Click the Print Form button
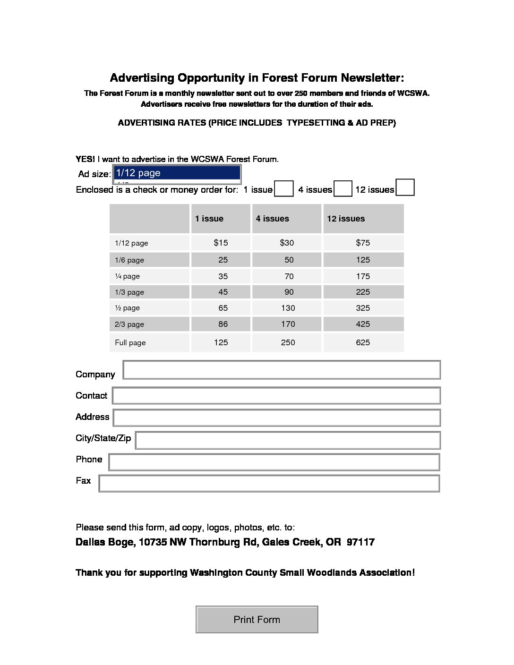pyautogui.click(x=257, y=619)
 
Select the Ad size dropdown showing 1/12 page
pyautogui.click(x=177, y=173)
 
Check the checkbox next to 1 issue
pyautogui.click(x=283, y=189)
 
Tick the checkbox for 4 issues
pyautogui.click(x=343, y=189)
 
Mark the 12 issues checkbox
pyautogui.click(x=405, y=188)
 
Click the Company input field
pyautogui.click(x=282, y=370)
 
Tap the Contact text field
pyautogui.click(x=276, y=396)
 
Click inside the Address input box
pyautogui.click(x=277, y=418)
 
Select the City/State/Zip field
pyautogui.click(x=288, y=440)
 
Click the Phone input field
pyautogui.click(x=274, y=462)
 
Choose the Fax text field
pyautogui.click(x=269, y=483)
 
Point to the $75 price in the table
pyautogui.click(x=363, y=243)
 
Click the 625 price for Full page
pyautogui.click(x=363, y=342)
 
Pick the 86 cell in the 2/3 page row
pyautogui.click(x=223, y=324)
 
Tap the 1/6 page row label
pyautogui.click(x=129, y=260)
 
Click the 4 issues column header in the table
pyautogui.click(x=272, y=219)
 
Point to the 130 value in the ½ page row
pyautogui.click(x=288, y=308)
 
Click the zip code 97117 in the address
pyautogui.click(x=360, y=542)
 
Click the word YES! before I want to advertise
pyautogui.click(x=85, y=159)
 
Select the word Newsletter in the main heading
pyautogui.click(x=372, y=78)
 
